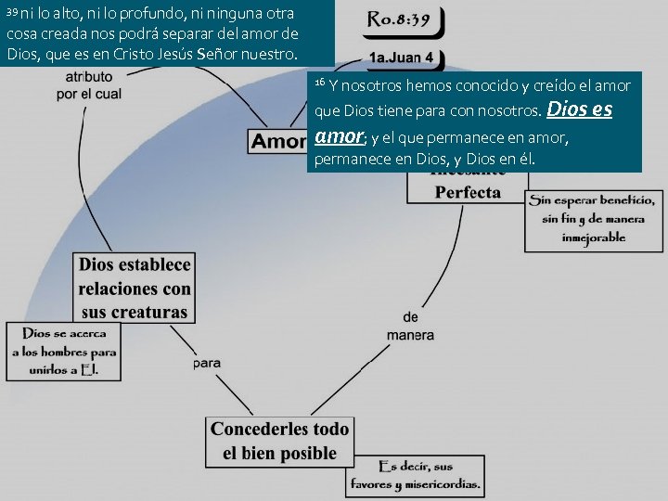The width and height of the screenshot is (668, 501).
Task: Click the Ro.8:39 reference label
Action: pyautogui.click(x=399, y=19)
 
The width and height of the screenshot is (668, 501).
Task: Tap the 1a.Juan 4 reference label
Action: pyautogui.click(x=401, y=58)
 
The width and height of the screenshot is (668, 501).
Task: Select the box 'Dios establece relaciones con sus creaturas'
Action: pyautogui.click(x=135, y=288)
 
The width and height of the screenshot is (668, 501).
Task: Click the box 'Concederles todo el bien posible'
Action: pyautogui.click(x=279, y=442)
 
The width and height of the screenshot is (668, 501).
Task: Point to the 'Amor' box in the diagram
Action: pyautogui.click(x=278, y=141)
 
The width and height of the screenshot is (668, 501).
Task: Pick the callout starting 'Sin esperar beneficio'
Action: pyautogui.click(x=594, y=219)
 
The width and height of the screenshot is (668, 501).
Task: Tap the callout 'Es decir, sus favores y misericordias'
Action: pyautogui.click(x=415, y=474)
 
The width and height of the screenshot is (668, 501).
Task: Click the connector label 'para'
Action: pyautogui.click(x=207, y=364)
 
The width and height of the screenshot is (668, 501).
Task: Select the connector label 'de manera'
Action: pyautogui.click(x=410, y=326)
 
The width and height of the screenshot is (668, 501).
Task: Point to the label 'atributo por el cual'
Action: pyautogui.click(x=90, y=85)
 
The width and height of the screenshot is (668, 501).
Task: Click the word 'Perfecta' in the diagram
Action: pyautogui.click(x=468, y=193)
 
